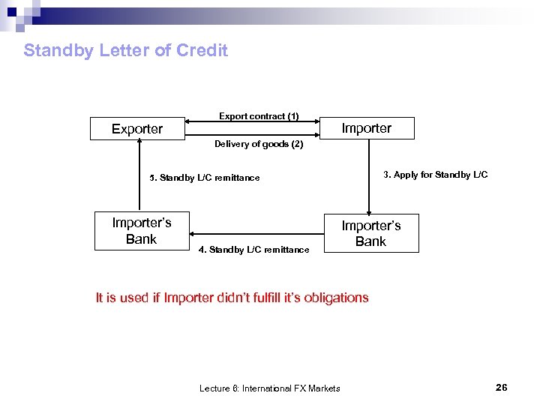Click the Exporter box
tap(137, 129)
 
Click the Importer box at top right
tap(366, 128)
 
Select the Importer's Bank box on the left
tap(141, 231)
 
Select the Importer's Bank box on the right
tap(370, 233)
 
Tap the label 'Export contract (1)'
tap(259, 116)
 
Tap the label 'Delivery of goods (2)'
tap(259, 144)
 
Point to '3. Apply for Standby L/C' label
tap(435, 175)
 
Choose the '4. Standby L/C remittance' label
tap(253, 250)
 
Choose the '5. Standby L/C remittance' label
tap(204, 178)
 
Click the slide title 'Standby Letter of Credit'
tap(125, 50)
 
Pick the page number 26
tap(501, 388)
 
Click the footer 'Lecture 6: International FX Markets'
tap(269, 388)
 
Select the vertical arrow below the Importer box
tap(368, 176)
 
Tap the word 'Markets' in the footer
tap(323, 388)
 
